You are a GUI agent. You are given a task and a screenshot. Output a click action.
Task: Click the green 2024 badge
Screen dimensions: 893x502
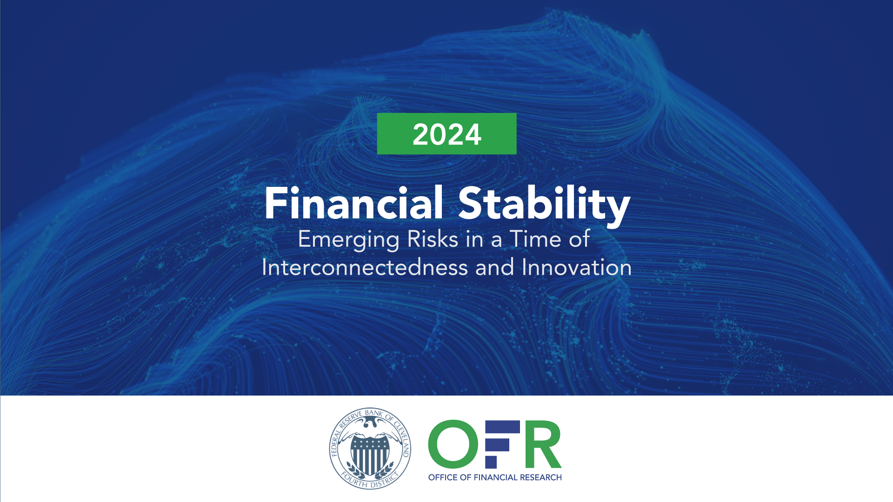click(x=446, y=133)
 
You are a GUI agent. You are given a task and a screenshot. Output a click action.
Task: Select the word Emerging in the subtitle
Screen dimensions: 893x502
click(x=348, y=240)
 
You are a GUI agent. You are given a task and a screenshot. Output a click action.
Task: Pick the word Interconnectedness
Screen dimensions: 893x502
click(x=365, y=267)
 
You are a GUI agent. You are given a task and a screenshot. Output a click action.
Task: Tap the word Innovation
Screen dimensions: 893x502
click(x=577, y=267)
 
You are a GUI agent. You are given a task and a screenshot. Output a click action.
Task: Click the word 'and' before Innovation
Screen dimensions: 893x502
click(x=494, y=268)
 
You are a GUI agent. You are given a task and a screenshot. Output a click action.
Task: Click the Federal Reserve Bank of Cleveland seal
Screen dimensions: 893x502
click(x=370, y=449)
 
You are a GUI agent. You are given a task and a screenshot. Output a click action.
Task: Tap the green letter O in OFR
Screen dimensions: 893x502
click(x=453, y=444)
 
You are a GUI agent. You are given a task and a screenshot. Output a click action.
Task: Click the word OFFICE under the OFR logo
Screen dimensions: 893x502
click(x=443, y=477)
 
